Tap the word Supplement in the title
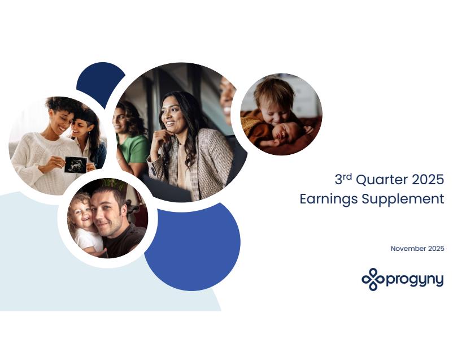click(x=403, y=199)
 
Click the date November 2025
click(x=417, y=249)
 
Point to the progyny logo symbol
click(x=373, y=279)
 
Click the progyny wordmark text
click(x=415, y=280)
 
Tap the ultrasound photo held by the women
click(x=76, y=164)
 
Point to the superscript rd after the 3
click(x=347, y=177)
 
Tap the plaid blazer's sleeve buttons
click(x=153, y=171)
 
